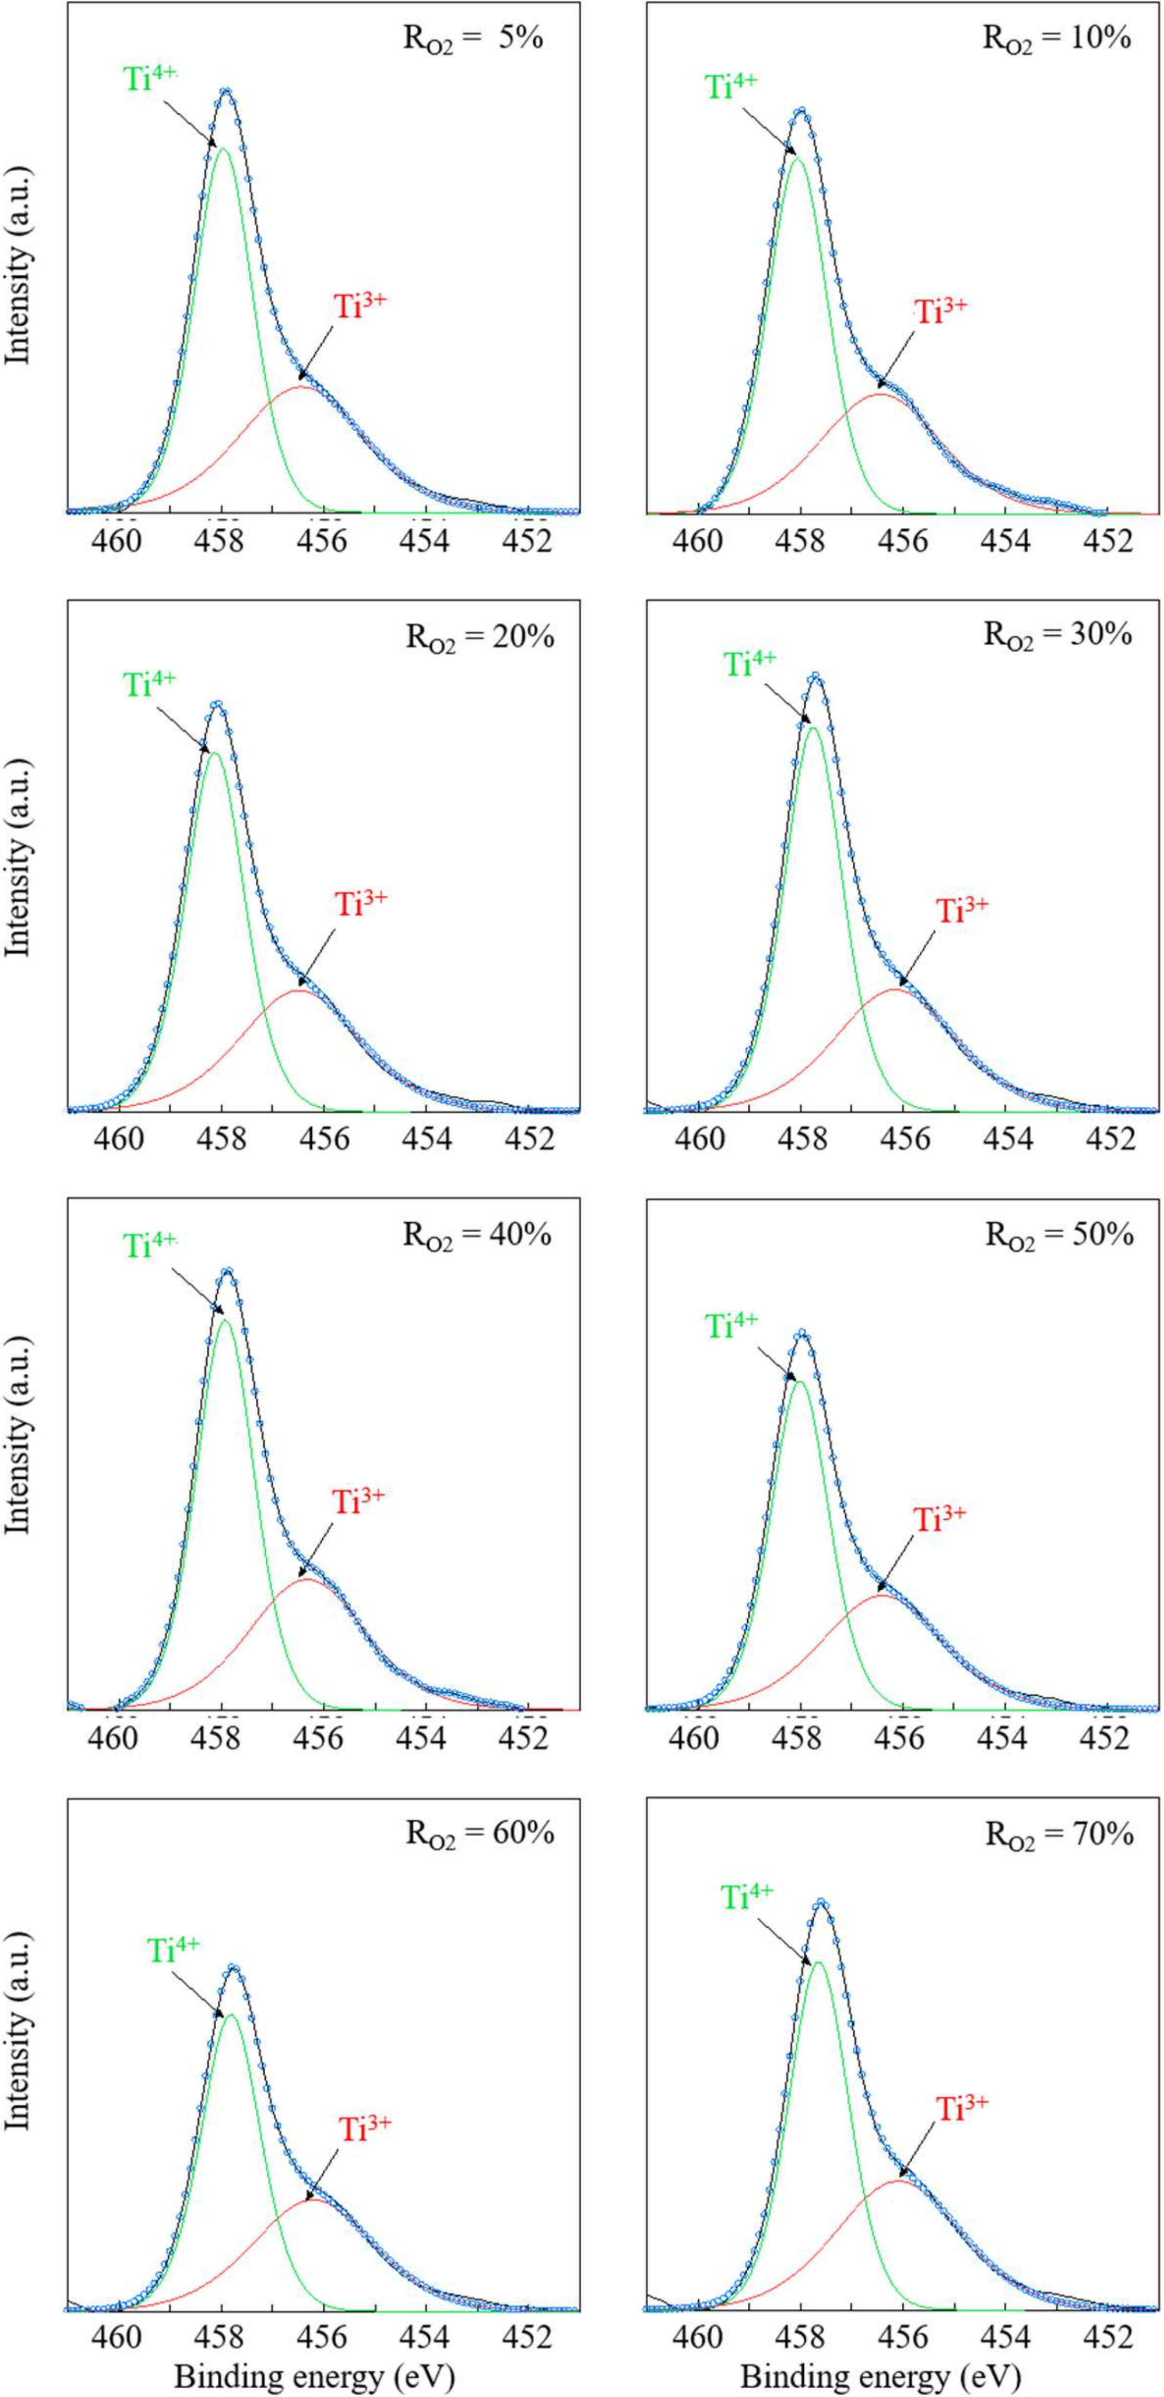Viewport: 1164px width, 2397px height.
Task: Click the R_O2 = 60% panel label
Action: tap(479, 1833)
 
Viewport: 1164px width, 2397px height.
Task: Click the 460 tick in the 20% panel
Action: tap(119, 1139)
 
